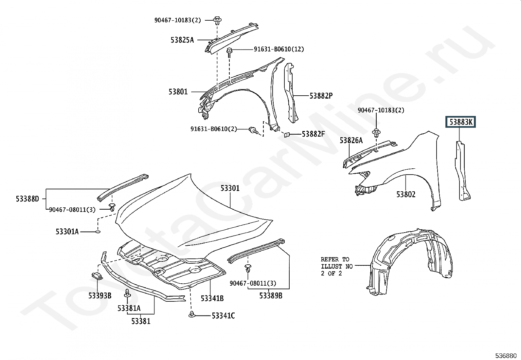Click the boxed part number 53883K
(x=460, y=122)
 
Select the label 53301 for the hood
(x=230, y=188)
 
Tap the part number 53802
(x=406, y=194)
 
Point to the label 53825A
(x=182, y=40)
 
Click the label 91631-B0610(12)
(x=279, y=49)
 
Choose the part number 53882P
(x=321, y=96)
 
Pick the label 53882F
(x=313, y=134)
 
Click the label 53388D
(x=27, y=199)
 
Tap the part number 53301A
(x=67, y=232)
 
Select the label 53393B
(x=100, y=295)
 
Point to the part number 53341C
(x=223, y=316)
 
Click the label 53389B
(x=271, y=295)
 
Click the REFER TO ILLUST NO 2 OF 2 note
(x=336, y=266)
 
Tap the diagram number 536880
(x=506, y=356)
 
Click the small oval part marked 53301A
(x=98, y=232)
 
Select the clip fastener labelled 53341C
(x=191, y=314)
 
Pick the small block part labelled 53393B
(x=97, y=276)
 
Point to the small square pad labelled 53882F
(x=287, y=135)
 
